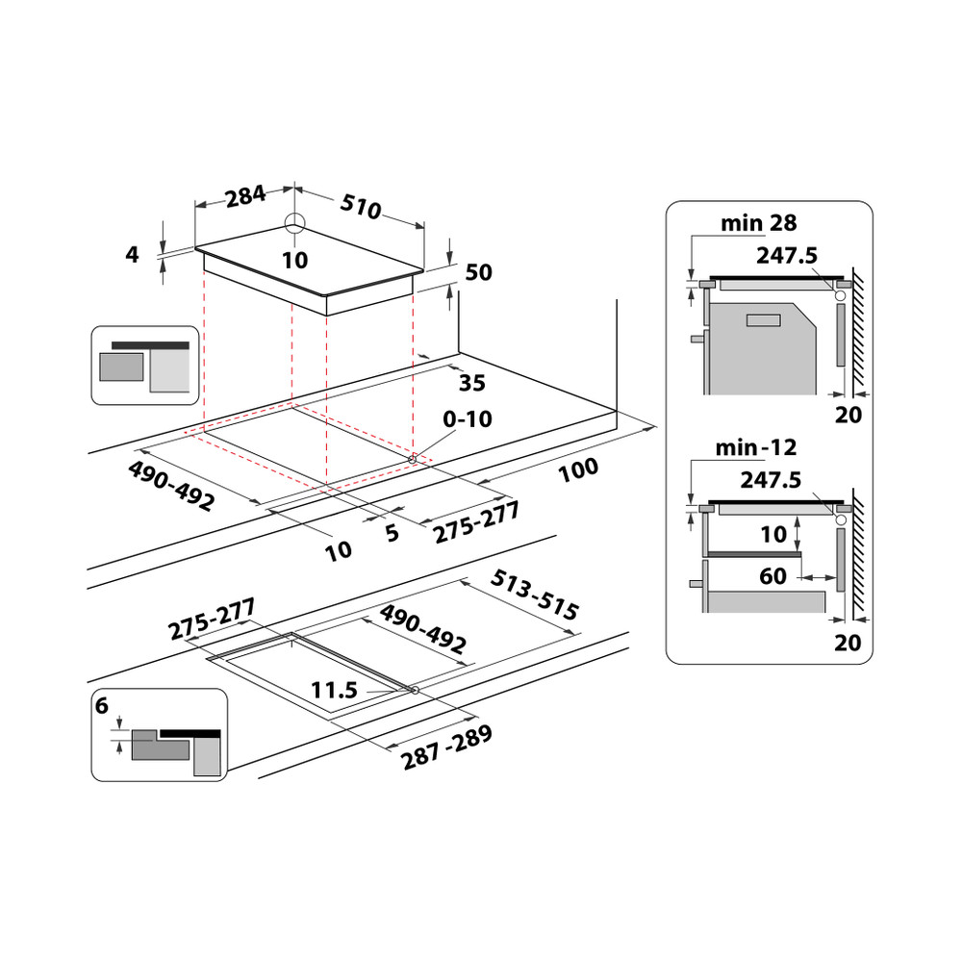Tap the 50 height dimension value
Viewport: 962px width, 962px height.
click(x=478, y=272)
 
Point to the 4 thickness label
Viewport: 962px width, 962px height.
click(x=133, y=254)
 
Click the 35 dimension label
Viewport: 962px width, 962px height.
click(x=471, y=383)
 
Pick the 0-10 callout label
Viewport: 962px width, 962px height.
click(x=467, y=420)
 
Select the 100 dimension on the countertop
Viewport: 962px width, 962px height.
click(x=577, y=471)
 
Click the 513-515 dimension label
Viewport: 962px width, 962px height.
click(x=535, y=595)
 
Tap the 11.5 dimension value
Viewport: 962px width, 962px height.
click(x=335, y=690)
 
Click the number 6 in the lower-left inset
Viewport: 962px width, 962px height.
click(x=102, y=706)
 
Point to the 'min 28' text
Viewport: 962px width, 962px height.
click(x=758, y=223)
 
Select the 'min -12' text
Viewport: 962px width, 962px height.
click(x=756, y=447)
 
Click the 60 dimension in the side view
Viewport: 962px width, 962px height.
click(x=772, y=576)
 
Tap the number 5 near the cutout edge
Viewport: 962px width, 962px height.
click(x=392, y=533)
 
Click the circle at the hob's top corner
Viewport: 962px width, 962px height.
click(x=294, y=223)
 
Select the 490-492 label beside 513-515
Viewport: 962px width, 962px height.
click(x=423, y=630)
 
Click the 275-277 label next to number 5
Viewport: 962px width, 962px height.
click(x=476, y=523)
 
